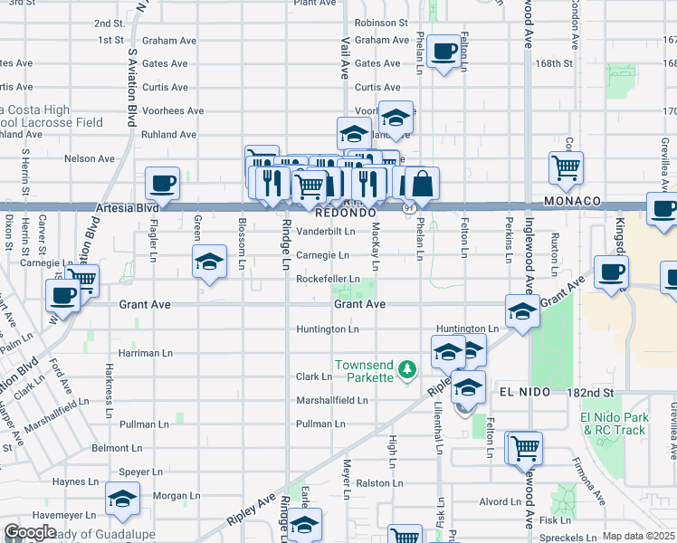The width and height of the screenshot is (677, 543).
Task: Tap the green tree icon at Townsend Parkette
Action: (408, 368)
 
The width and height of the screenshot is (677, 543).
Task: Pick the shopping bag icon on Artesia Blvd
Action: (422, 184)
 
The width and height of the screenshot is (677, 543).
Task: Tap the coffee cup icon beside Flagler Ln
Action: (163, 184)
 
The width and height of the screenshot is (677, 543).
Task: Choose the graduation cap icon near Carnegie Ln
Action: (210, 262)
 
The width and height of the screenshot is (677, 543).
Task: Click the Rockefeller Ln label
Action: (329, 279)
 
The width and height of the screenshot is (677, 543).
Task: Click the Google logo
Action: (31, 532)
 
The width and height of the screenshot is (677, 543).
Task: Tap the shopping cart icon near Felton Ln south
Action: (525, 447)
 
